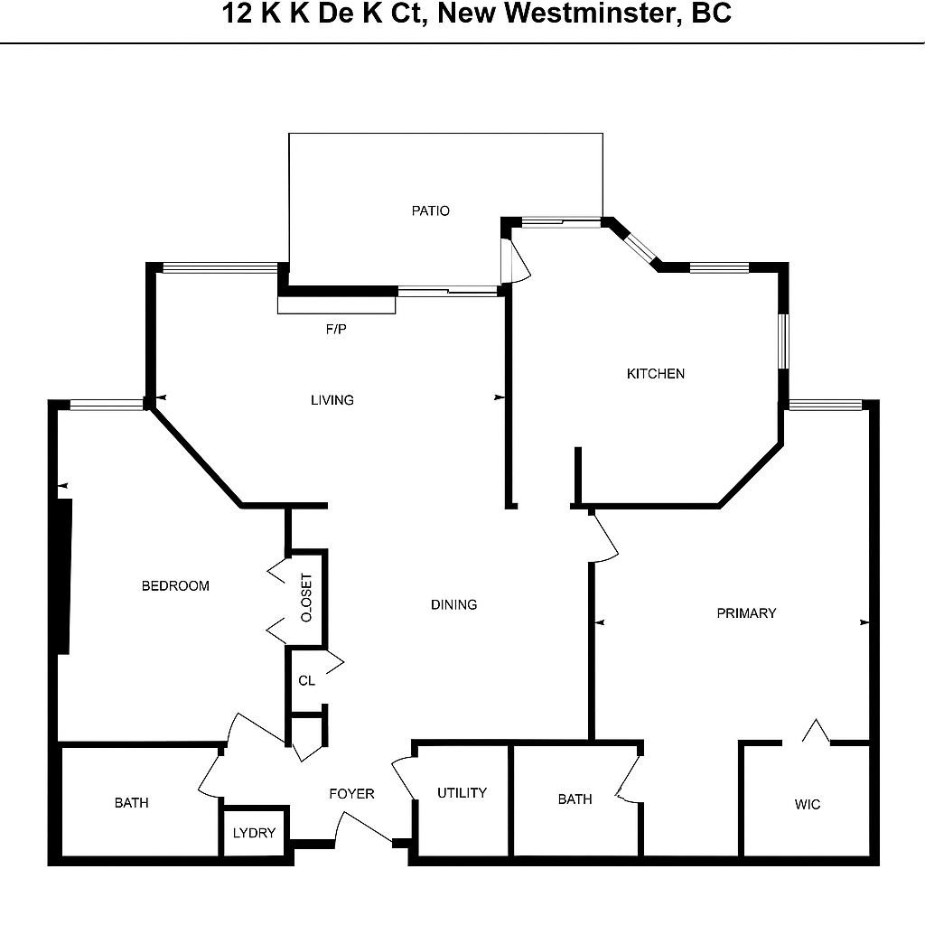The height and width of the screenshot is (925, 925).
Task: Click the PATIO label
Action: [430, 211]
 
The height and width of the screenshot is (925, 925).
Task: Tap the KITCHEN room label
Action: [656, 374]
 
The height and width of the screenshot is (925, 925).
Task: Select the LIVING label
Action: [332, 400]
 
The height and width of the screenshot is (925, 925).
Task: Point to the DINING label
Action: [453, 604]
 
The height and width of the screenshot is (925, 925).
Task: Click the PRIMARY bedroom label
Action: [746, 613]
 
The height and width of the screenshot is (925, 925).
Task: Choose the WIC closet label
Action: [808, 804]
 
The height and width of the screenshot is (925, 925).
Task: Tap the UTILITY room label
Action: [462, 793]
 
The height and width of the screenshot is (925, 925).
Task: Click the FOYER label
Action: [351, 794]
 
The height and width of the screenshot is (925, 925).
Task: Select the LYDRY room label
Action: [254, 833]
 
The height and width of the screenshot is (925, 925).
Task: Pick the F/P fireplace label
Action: [336, 330]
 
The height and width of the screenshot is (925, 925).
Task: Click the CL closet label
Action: [307, 680]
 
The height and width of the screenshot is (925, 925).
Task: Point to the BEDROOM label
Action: [175, 586]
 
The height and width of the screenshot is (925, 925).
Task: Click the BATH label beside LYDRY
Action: [132, 802]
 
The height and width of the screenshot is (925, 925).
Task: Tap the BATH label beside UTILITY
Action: [575, 799]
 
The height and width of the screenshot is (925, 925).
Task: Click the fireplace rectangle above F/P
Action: [336, 305]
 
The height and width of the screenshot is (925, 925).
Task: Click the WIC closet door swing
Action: [816, 733]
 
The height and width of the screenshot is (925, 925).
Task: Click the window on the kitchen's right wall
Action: [784, 341]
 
